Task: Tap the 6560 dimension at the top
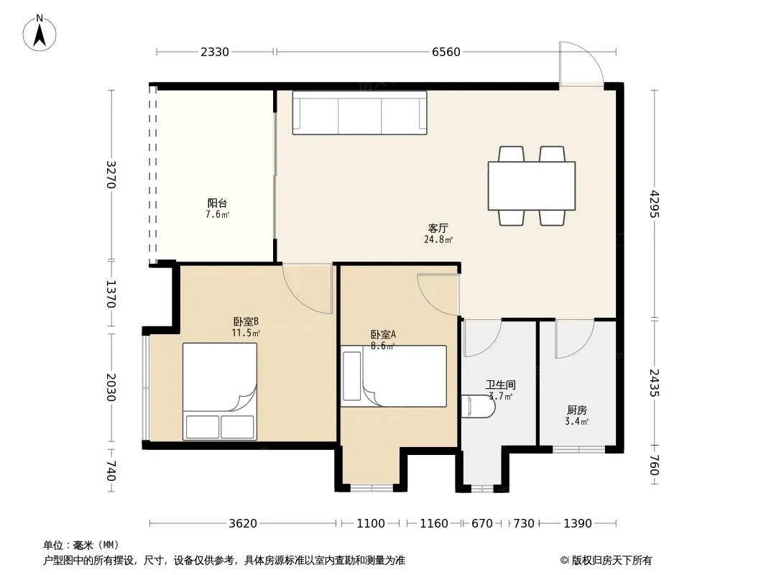point(446,52)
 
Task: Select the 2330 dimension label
point(214,52)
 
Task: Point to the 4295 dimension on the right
point(655,204)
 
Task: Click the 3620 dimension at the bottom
point(243,523)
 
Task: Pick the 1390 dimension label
point(578,523)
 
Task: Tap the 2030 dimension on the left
point(111,387)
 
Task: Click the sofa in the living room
point(359,113)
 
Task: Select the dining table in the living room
point(532,185)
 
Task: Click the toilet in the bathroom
point(476,407)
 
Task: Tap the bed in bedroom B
point(220,391)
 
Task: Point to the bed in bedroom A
point(394,376)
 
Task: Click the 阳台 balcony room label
point(217,203)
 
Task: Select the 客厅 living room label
point(438,228)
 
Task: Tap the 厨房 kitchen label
point(577,410)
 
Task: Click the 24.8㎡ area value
point(438,239)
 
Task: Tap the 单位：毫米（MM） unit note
point(81,545)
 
